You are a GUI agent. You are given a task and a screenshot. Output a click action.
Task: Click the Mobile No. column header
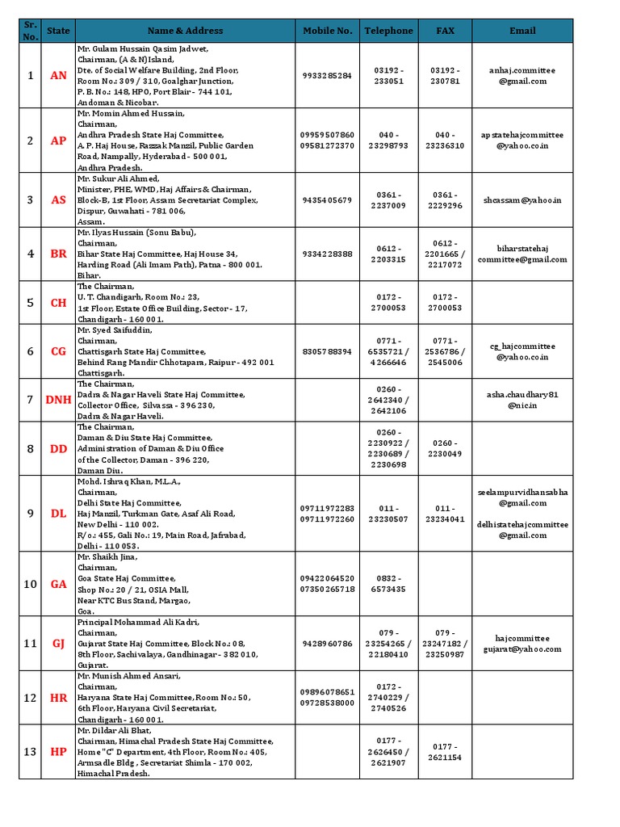pos(327,31)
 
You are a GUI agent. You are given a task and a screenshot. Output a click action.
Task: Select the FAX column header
pos(445,31)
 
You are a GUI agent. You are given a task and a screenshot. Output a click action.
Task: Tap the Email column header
pos(522,31)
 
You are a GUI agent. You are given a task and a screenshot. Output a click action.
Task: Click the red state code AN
pos(59,75)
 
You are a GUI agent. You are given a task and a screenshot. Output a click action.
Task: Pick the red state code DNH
pos(59,400)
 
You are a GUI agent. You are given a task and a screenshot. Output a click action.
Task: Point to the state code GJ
pos(59,644)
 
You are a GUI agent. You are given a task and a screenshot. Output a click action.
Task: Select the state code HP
pos(59,752)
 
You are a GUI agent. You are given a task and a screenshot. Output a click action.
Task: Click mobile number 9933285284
pos(327,75)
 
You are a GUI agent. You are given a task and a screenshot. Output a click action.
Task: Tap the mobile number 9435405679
pos(327,200)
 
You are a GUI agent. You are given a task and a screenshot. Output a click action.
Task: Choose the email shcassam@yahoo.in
pos(522,200)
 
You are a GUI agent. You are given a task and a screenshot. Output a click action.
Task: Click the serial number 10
pos(31,584)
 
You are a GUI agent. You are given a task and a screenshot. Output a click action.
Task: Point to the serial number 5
pos(31,303)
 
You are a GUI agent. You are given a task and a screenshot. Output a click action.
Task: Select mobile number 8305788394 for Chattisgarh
pos(327,351)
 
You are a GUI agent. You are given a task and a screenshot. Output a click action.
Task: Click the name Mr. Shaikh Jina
pos(107,556)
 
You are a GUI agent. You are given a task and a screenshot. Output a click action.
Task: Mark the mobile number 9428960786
pos(327,644)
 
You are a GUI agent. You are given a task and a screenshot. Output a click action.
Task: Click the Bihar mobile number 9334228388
pos(327,254)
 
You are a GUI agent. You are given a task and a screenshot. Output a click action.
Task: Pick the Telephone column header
pos(388,31)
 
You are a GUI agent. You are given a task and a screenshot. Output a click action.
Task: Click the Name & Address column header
pos(185,31)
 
